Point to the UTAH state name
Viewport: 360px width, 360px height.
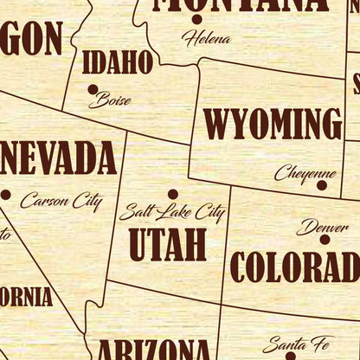pos(168,245)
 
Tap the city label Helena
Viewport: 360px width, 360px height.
pos(206,38)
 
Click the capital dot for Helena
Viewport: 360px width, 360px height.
pos(196,20)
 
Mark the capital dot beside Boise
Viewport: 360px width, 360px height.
pos(93,88)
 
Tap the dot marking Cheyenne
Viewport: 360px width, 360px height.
pos(322,184)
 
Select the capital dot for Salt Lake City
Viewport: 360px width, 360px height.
pos(173,195)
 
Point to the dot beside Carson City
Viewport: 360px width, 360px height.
pos(5,195)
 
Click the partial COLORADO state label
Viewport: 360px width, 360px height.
pos(294,267)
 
